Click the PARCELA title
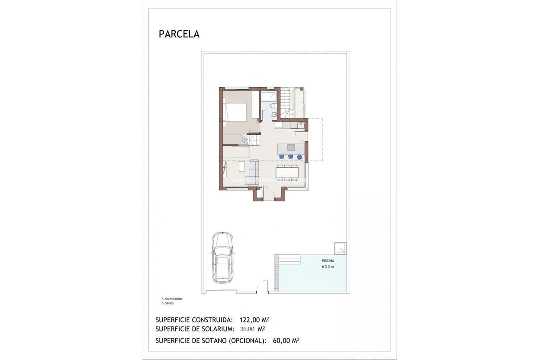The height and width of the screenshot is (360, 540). click(x=179, y=34)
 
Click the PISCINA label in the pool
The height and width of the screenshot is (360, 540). click(x=328, y=261)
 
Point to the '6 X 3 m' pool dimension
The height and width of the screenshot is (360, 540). click(x=328, y=267)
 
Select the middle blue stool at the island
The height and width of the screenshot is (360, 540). click(x=290, y=157)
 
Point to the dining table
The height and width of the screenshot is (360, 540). click(x=290, y=171)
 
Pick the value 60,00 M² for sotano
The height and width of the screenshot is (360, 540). click(x=286, y=341)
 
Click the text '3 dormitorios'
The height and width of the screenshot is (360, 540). click(x=169, y=299)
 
